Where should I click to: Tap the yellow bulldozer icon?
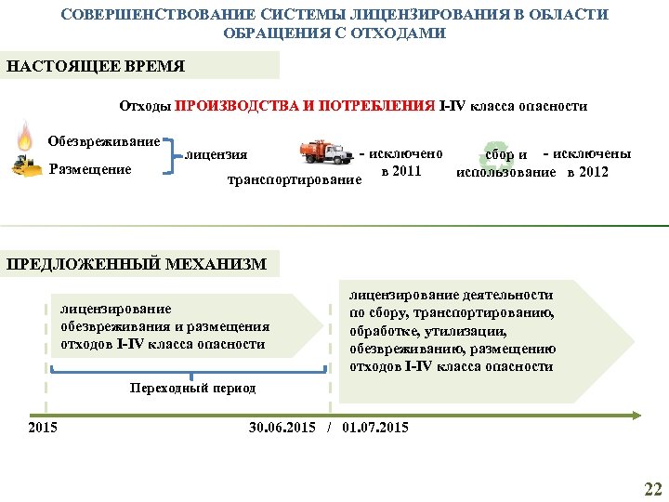click(x=26, y=167)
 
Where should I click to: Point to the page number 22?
click(x=653, y=489)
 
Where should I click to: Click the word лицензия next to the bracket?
click(x=216, y=154)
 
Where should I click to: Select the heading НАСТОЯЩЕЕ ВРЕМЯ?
click(x=97, y=67)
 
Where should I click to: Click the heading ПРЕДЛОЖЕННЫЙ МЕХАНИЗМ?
click(x=137, y=264)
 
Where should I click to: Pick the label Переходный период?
click(x=193, y=388)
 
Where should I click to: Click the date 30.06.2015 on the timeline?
click(x=282, y=428)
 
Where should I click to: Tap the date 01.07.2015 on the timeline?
click(x=374, y=428)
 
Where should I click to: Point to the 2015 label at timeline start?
click(x=43, y=428)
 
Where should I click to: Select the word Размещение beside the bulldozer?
click(x=90, y=169)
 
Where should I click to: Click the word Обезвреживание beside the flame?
click(x=103, y=141)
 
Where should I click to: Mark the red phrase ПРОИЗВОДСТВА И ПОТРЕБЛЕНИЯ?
click(x=305, y=106)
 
